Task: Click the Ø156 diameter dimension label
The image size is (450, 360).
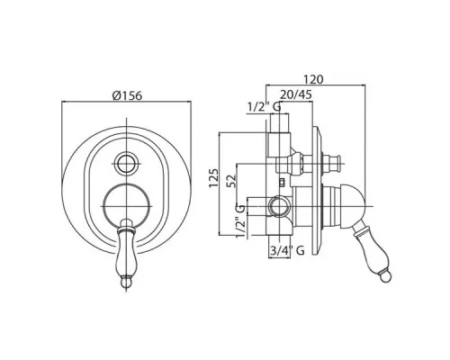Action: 127,95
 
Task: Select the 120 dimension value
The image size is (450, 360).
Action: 314,79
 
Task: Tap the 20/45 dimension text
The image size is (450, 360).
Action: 296,94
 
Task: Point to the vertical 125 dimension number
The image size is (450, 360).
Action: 213,178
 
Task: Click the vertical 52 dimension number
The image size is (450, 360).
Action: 231,181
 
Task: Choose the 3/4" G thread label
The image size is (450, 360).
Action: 287,250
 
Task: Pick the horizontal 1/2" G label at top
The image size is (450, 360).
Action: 265,107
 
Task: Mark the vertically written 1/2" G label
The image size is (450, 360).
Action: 240,219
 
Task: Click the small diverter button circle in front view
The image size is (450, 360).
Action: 126,164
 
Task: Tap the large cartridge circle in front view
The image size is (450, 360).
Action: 126,206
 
